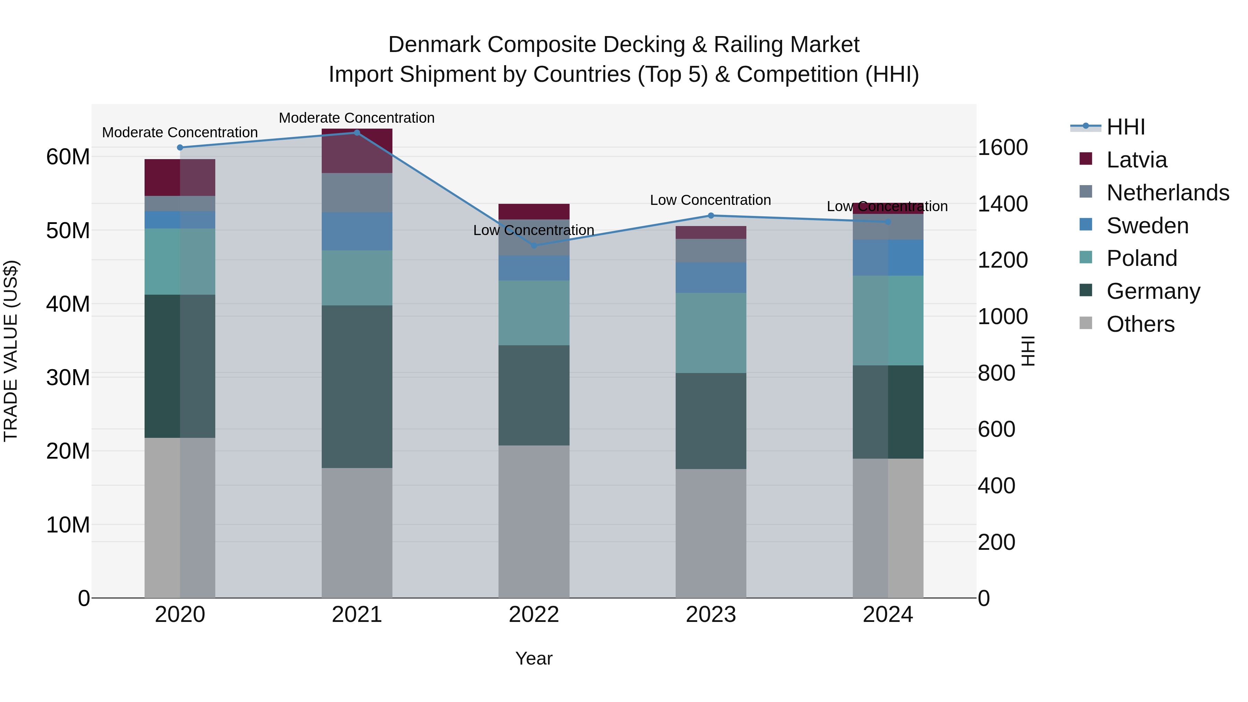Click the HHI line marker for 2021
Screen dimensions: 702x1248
point(357,133)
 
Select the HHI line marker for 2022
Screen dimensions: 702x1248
point(534,246)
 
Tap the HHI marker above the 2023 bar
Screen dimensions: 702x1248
point(711,216)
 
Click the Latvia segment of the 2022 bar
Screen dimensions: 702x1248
point(534,212)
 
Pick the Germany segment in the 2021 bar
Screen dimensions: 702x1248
point(357,386)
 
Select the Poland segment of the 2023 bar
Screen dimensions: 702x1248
point(711,332)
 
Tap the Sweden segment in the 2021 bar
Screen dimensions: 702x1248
point(357,231)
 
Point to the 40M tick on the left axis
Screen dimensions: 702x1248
point(68,304)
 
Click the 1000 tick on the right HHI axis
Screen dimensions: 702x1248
point(1002,317)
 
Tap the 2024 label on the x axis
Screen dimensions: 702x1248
point(887,615)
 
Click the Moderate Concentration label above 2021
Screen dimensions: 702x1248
point(357,118)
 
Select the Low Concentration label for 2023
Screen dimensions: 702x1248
point(710,200)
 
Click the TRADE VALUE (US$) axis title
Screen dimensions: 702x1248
point(11,351)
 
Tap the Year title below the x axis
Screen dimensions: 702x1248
point(534,658)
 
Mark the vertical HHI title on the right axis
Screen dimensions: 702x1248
point(1028,351)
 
